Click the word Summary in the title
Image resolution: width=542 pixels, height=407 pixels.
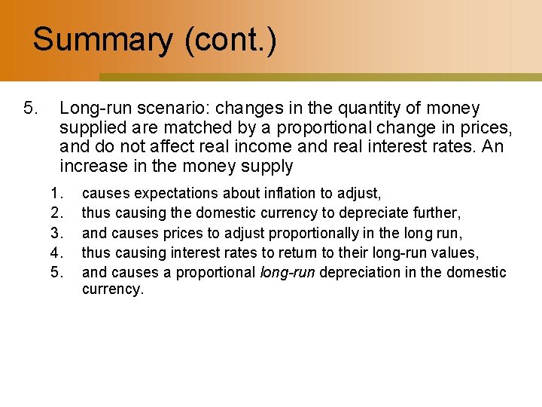pyautogui.click(x=102, y=39)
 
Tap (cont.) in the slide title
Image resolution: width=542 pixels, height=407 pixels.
pyautogui.click(x=230, y=39)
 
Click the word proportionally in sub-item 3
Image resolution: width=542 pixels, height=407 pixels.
pyautogui.click(x=266, y=233)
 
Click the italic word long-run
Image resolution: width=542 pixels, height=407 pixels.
pyautogui.click(x=288, y=272)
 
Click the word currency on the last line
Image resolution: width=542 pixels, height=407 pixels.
pyautogui.click(x=111, y=289)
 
